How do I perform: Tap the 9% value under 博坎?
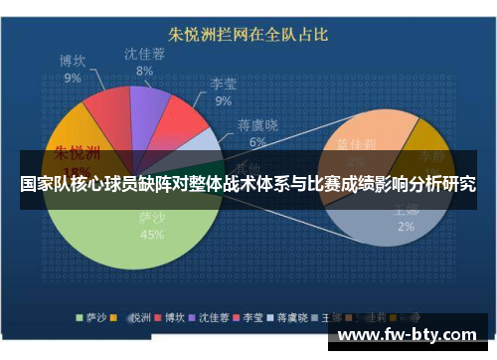73,77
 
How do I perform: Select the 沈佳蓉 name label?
145,54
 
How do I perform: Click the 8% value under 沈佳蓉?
145,71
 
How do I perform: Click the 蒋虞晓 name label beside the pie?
258,125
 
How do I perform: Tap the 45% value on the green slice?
151,235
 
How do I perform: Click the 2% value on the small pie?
406,226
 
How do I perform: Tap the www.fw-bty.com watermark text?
413,335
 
